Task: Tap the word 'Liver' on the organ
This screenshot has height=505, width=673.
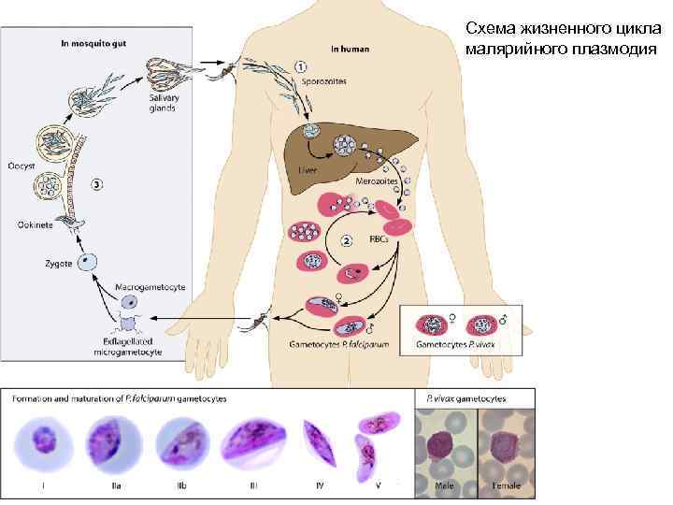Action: click(308, 171)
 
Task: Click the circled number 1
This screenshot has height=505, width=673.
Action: click(301, 67)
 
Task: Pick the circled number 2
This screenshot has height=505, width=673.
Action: click(347, 240)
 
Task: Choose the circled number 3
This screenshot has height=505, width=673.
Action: click(97, 184)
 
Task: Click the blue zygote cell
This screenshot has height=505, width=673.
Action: click(87, 259)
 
